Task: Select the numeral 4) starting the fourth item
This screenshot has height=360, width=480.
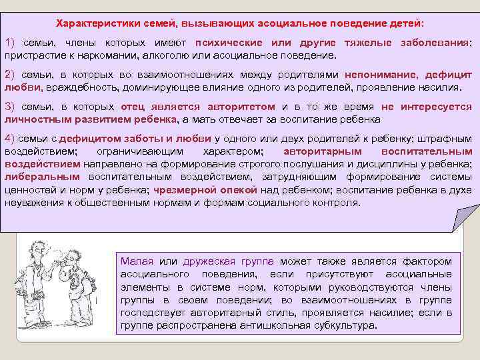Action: click(11, 139)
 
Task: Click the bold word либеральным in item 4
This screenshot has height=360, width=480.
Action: click(41, 177)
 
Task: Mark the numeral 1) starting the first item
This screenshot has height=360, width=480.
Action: click(11, 43)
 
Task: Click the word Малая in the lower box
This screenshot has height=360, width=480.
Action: click(135, 261)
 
